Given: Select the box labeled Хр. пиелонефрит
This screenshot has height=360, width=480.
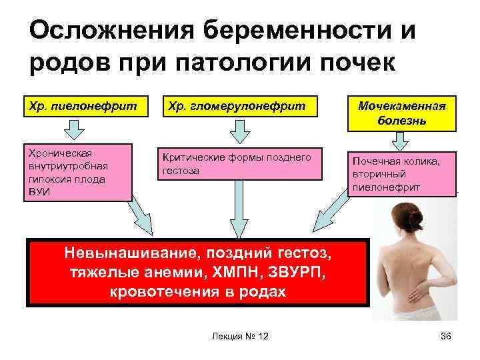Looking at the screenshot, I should click(x=80, y=105).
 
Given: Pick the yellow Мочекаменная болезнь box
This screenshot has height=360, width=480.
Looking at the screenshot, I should click(x=401, y=113).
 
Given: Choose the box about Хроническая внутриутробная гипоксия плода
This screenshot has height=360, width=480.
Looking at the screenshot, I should click(x=79, y=171).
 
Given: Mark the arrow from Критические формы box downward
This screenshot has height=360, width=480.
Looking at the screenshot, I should click(x=239, y=213).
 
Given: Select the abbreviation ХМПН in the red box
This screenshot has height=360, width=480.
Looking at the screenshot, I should click(x=229, y=273).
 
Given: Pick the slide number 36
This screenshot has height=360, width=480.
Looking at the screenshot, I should click(x=446, y=336).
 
